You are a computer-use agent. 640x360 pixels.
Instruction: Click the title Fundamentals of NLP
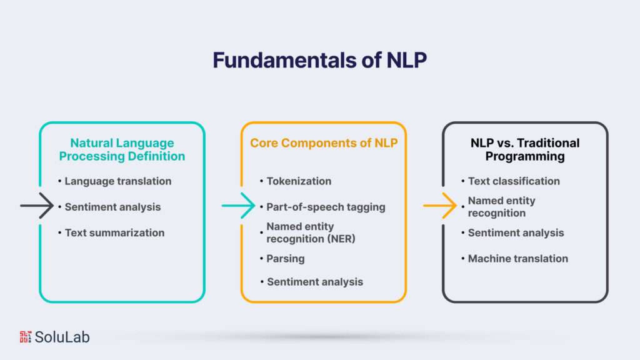[319, 59]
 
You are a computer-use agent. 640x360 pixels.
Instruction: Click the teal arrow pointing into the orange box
[238, 206]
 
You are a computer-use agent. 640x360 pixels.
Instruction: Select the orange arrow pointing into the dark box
[440, 206]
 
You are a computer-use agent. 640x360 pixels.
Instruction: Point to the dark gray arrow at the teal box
[37, 206]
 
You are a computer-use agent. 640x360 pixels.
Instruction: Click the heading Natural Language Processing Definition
[122, 149]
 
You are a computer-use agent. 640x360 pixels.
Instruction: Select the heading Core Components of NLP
[324, 142]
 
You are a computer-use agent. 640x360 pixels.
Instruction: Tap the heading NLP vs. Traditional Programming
[525, 149]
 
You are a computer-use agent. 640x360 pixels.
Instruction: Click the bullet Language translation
[118, 181]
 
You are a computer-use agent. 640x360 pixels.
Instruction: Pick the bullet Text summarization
[114, 232]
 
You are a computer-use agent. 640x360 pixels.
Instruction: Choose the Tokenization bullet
[299, 181]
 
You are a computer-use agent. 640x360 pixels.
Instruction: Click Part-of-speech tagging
[326, 206]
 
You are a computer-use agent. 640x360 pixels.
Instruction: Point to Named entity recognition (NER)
[311, 232]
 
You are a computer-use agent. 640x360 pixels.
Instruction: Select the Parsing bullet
[285, 258]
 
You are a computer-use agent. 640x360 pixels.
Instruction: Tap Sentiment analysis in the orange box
[314, 281]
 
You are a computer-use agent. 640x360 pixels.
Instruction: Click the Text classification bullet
[514, 181]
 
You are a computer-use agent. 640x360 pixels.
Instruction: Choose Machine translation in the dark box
[518, 258]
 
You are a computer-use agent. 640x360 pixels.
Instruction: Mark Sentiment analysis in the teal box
[112, 206]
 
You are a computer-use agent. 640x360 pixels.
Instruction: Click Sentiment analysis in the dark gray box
[516, 232]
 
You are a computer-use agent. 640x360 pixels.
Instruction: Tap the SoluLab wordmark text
[62, 337]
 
